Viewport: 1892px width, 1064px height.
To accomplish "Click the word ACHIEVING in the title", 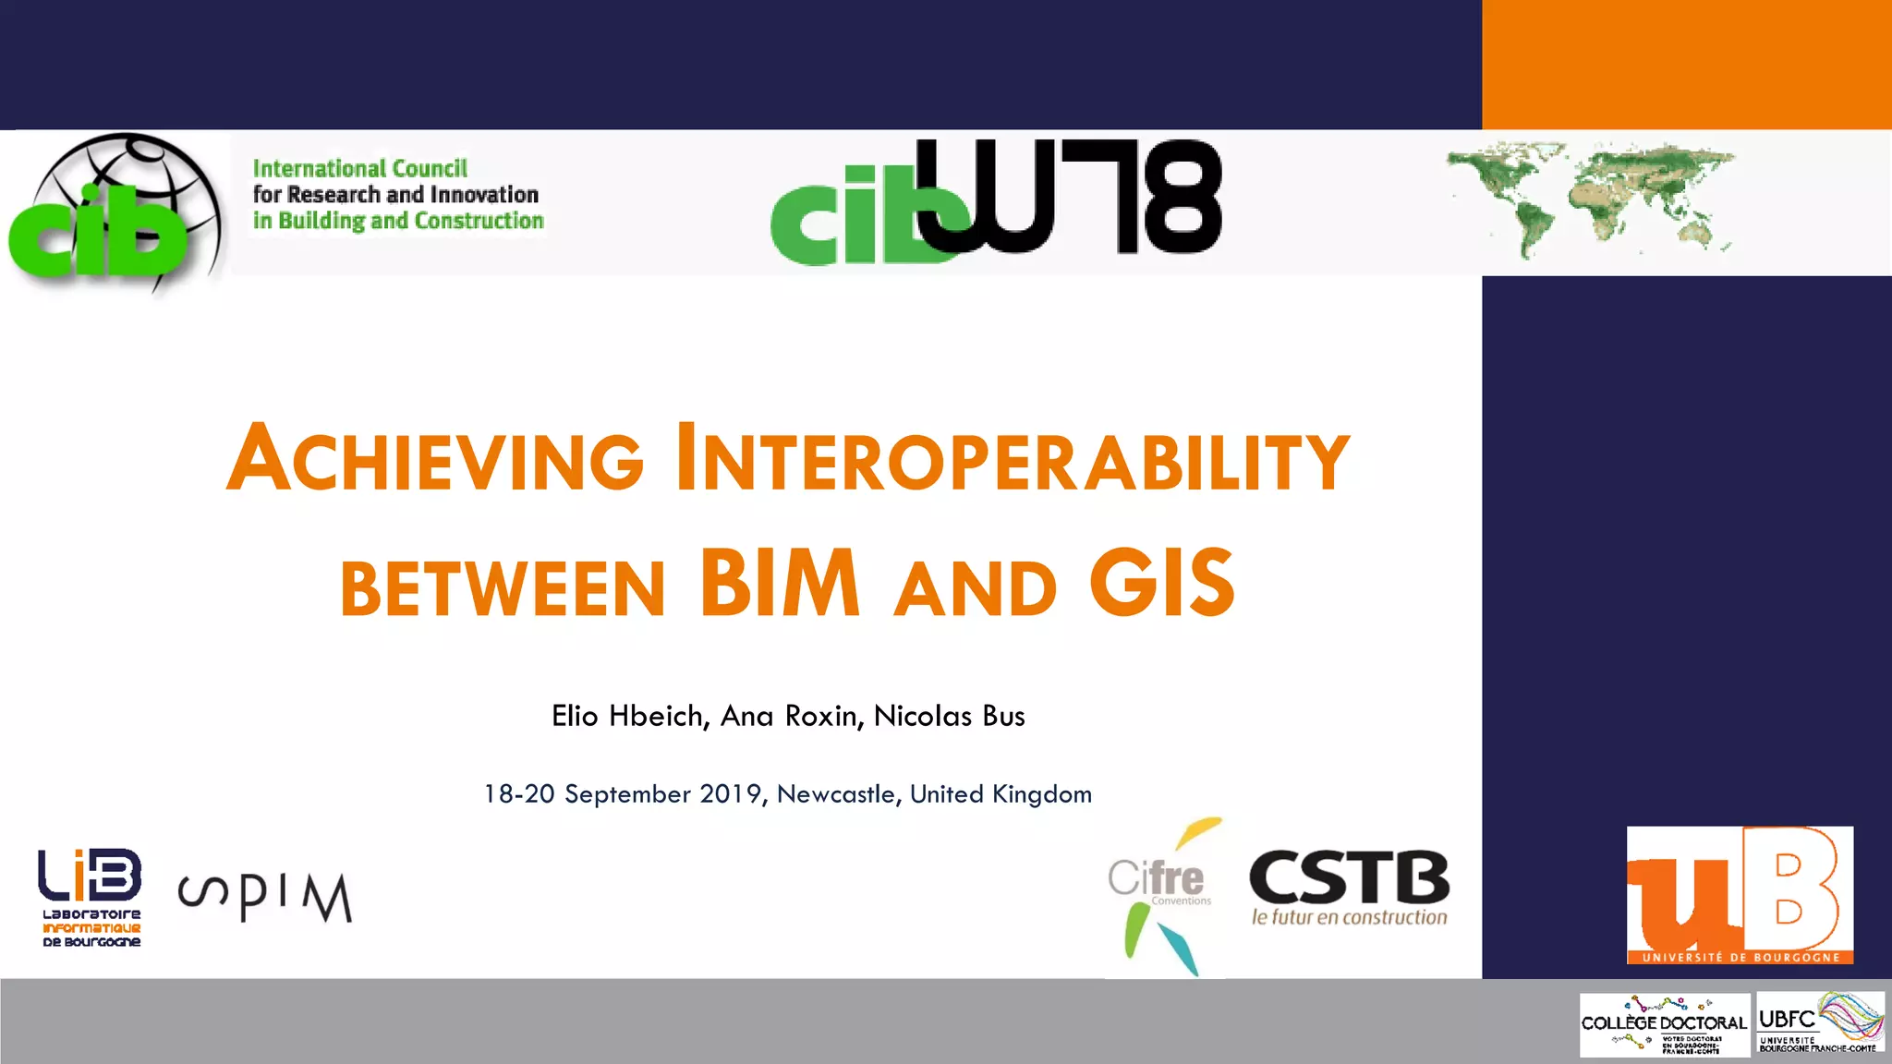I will (435, 458).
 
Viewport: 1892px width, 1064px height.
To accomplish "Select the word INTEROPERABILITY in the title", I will (1013, 458).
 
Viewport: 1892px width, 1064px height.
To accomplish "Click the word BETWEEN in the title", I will (503, 588).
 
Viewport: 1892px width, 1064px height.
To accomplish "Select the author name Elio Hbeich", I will (629, 716).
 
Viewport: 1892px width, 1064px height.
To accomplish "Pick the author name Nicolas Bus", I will (949, 716).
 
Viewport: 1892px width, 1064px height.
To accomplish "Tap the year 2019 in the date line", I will (730, 794).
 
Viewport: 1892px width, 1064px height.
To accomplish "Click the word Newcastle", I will (836, 794).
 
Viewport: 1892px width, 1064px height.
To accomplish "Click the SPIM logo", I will (265, 896).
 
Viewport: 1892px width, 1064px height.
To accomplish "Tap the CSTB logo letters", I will (1349, 877).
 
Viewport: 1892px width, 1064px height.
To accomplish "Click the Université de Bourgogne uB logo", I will (1740, 894).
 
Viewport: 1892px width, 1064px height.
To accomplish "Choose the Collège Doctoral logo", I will (1664, 1024).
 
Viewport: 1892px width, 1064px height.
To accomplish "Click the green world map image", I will (1589, 199).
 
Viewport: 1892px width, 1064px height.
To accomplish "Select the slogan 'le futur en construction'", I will (1349, 918).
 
